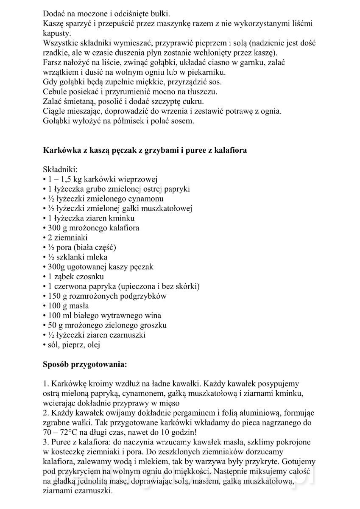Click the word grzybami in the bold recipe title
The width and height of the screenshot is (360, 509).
coord(152,150)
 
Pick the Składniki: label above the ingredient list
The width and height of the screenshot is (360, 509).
coord(59,169)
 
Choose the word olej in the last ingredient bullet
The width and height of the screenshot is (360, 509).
coord(93,345)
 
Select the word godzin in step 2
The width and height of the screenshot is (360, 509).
coord(184,432)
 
